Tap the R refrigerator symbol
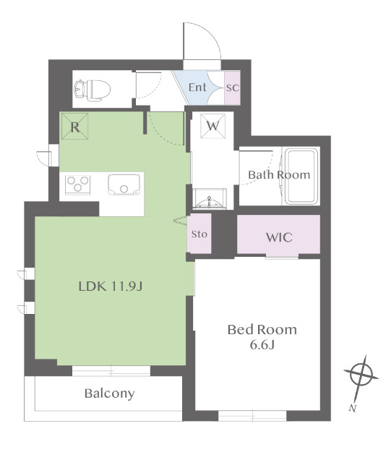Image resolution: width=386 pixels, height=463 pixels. tap(74, 127)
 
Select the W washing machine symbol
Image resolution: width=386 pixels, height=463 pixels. tap(213, 126)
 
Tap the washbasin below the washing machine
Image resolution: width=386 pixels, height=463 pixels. tap(210, 198)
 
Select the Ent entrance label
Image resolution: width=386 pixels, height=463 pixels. tap(197, 88)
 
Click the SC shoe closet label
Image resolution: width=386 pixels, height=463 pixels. tap(232, 88)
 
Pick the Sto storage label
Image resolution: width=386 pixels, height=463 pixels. tap(200, 234)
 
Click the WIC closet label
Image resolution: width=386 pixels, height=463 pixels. tap(278, 237)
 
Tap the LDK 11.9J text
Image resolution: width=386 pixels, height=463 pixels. tap(111, 286)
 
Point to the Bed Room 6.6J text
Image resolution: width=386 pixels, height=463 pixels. tap(262, 336)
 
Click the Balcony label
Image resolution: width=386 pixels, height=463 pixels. tap(109, 394)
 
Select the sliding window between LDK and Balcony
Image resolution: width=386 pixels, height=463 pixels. tap(111, 370)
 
